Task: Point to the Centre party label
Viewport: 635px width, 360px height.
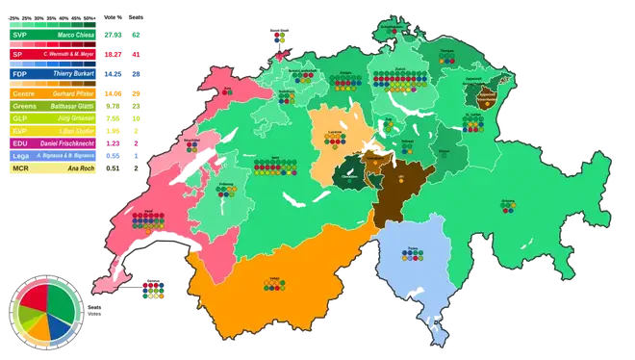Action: [23, 91]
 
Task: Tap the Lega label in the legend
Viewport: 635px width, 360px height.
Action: [19, 154]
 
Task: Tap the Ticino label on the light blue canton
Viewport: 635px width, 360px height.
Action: [414, 248]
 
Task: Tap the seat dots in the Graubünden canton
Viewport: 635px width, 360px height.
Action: [507, 209]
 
